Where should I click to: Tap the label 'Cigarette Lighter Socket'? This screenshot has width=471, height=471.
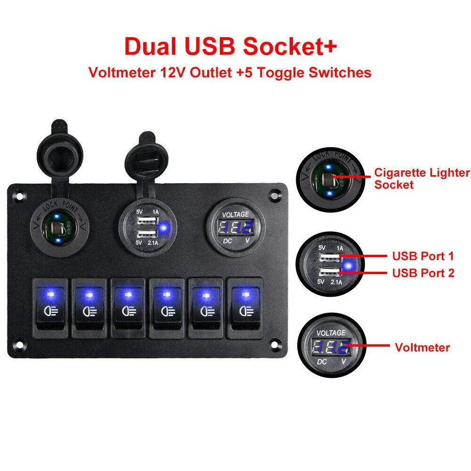(422, 179)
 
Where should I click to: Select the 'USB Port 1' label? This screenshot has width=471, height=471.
(422, 257)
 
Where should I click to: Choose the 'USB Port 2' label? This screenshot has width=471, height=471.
(422, 273)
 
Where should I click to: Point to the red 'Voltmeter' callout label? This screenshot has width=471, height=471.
(422, 348)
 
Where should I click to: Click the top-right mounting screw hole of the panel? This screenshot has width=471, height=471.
(275, 194)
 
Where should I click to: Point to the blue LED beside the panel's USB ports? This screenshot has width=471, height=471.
(164, 229)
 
